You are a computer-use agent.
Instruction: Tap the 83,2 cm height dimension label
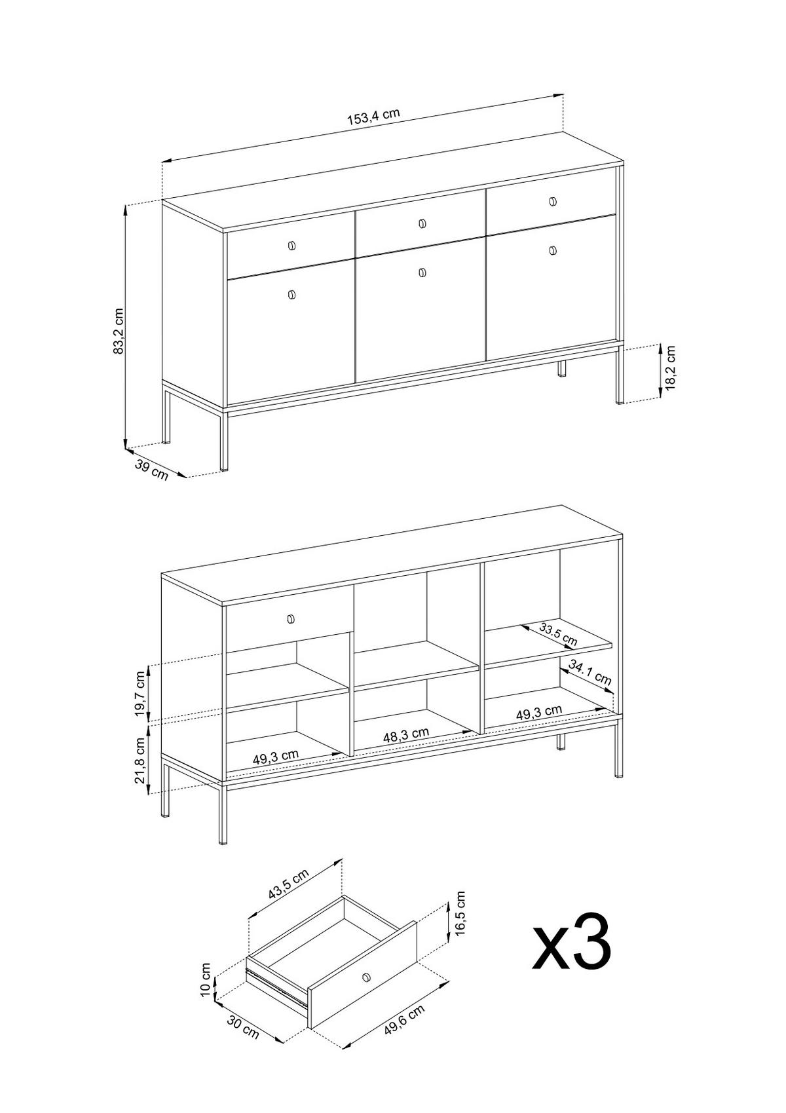pos(119,331)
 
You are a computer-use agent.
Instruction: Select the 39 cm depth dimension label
pos(151,470)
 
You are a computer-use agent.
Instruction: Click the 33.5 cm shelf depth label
pos(558,635)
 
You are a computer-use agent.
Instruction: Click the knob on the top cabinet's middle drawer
pos(422,223)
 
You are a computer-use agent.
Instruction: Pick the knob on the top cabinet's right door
pos(553,250)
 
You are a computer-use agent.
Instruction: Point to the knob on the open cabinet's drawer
pos(291,618)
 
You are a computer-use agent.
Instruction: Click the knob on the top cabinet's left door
pos(291,295)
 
